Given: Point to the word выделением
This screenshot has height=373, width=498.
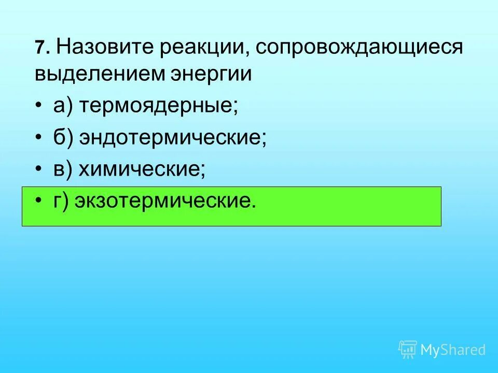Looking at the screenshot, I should pos(99,74).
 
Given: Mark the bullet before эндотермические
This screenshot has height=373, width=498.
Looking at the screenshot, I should pos(39,137).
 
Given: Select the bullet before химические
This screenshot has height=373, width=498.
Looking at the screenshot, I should pos(39,169).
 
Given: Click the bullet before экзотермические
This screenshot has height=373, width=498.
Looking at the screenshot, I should pos(39,201).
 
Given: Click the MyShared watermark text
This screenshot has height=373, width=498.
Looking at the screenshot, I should pos(453,350).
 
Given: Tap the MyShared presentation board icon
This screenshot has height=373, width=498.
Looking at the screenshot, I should pos(408,349).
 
